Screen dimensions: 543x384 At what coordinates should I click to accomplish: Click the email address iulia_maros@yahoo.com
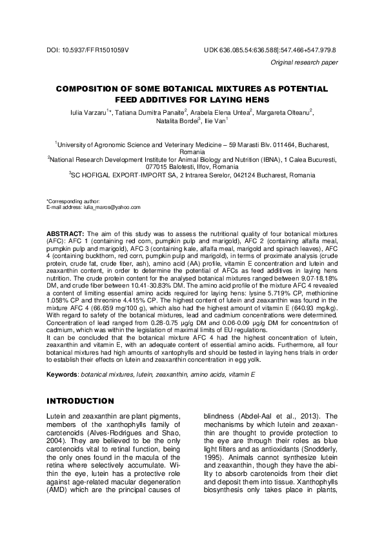112,207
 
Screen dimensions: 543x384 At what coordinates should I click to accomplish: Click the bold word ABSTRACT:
66,231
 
